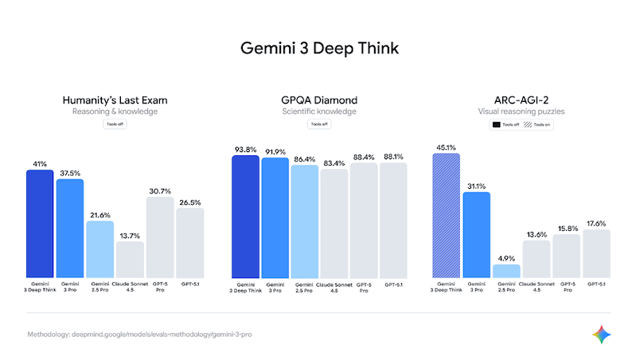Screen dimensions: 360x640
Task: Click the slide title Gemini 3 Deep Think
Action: click(x=319, y=49)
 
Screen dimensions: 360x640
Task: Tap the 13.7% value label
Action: click(x=130, y=237)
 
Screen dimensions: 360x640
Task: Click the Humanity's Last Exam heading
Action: click(x=115, y=100)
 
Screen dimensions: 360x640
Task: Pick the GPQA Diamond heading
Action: click(x=319, y=100)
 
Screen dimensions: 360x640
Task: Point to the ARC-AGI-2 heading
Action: click(x=522, y=100)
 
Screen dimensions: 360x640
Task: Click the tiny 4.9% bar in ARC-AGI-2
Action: click(x=506, y=271)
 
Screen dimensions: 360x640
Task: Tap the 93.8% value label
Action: click(x=245, y=149)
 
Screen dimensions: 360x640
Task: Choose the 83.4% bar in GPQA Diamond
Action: click(x=334, y=223)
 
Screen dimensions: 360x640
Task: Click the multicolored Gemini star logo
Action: click(x=603, y=335)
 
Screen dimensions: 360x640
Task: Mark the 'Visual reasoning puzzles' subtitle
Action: click(x=522, y=112)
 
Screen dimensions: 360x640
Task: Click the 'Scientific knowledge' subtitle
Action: click(x=319, y=112)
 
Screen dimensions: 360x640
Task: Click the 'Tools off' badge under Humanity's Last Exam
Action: click(x=115, y=124)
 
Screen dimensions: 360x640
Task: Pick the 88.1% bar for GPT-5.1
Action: click(x=393, y=221)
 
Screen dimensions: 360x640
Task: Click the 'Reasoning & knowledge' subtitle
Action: click(x=115, y=112)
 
